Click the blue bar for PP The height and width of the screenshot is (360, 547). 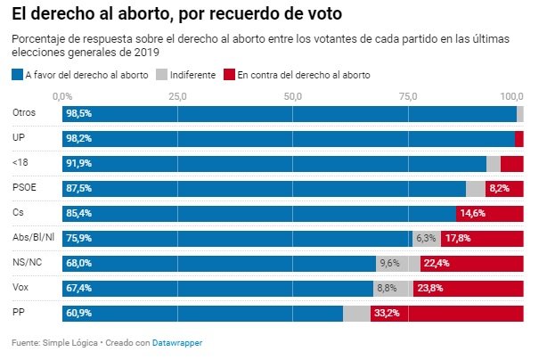coord(203,314)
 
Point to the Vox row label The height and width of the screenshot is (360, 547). coord(22,288)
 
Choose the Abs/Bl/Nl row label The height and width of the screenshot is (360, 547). coord(34,238)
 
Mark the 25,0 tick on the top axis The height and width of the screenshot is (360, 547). coord(177,95)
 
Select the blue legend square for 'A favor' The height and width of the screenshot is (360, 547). coord(17,75)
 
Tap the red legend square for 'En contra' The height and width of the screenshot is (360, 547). coord(229,75)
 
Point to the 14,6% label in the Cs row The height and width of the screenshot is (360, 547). coord(471,214)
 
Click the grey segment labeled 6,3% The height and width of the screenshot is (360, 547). coord(426,239)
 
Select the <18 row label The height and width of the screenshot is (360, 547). coord(21,163)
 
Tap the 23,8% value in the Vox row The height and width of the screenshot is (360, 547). coord(429,289)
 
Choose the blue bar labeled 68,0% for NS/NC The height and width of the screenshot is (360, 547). coord(219,264)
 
